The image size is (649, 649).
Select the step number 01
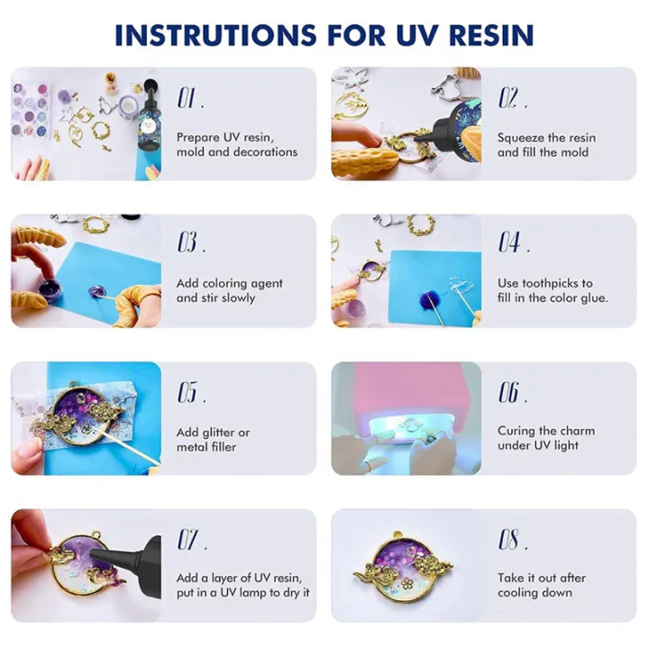[188, 97]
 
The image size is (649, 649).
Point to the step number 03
[188, 242]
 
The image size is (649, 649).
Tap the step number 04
[510, 242]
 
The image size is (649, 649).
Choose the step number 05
[188, 392]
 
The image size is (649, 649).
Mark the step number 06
[510, 392]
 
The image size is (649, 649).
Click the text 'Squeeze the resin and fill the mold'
[546, 145]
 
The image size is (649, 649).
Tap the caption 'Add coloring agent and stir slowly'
[229, 290]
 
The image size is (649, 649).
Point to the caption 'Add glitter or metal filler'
[213, 439]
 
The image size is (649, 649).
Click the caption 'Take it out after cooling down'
[541, 585]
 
